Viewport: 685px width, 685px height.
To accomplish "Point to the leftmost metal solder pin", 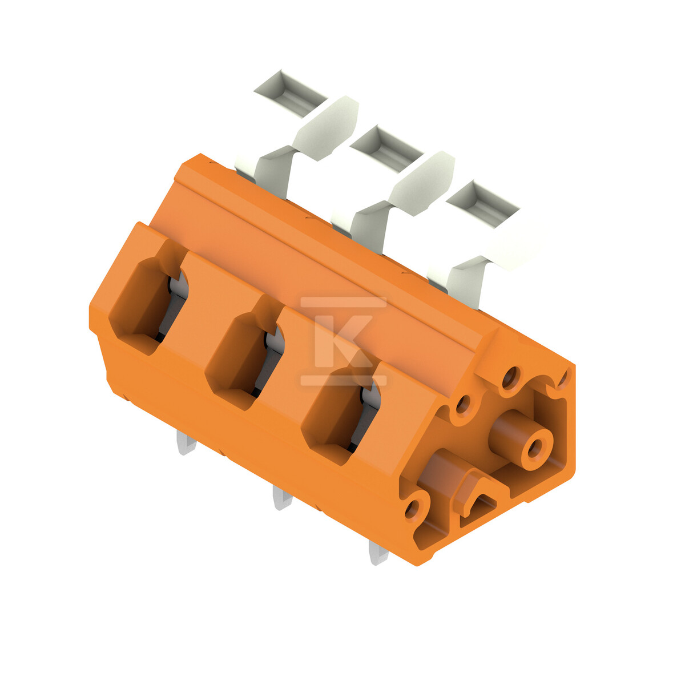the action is tap(186, 442).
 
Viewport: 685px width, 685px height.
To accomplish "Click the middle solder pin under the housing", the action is tap(283, 498).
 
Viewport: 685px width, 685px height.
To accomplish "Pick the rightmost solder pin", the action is tap(378, 553).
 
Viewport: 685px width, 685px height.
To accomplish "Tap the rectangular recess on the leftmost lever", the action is tap(291, 93).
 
